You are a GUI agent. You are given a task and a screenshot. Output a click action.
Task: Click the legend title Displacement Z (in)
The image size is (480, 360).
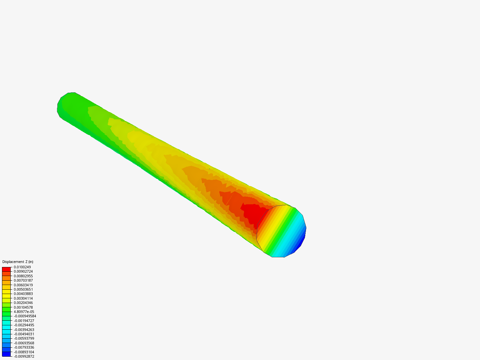click(18, 262)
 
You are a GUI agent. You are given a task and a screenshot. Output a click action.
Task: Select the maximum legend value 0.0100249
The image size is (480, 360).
click(22, 267)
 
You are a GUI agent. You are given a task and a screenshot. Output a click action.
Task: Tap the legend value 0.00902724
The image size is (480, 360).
click(23, 271)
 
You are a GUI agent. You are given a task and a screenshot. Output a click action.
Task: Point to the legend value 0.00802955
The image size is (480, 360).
click(23, 276)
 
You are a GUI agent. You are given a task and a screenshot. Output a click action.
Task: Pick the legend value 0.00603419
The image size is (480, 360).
click(23, 285)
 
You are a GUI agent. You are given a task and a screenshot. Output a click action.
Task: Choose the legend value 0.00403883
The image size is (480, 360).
click(23, 294)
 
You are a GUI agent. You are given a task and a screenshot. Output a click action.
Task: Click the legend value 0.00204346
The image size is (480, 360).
click(23, 303)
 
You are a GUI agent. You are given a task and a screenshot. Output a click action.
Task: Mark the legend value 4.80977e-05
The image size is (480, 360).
click(24, 312)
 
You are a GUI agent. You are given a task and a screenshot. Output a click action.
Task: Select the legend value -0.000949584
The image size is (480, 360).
click(25, 316)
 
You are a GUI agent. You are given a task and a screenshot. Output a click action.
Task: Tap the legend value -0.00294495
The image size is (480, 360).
click(24, 325)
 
